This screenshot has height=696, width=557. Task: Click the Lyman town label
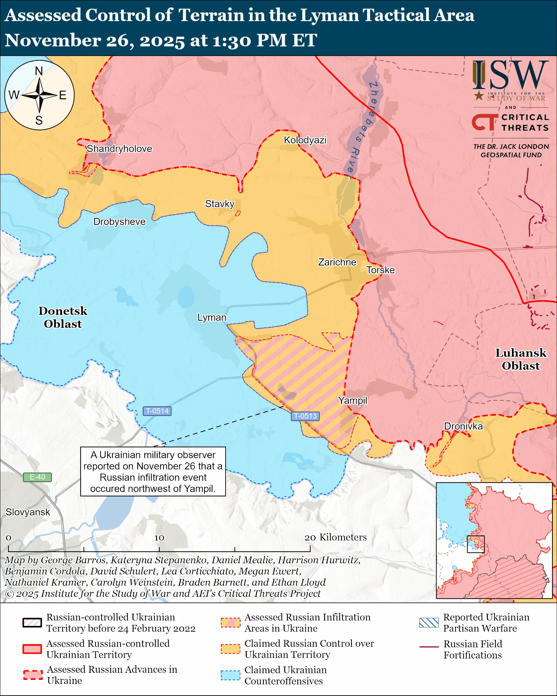point(212,317)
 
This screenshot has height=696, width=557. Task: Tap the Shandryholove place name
point(119,149)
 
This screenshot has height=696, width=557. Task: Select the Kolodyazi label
point(305,140)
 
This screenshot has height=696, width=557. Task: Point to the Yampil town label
point(353,400)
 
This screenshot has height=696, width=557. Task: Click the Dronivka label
point(463,426)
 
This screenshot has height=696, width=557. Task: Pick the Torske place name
point(380,270)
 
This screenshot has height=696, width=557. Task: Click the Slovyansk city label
point(28,512)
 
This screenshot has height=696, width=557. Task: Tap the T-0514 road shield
point(157,411)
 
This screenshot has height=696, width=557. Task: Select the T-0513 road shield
point(305,416)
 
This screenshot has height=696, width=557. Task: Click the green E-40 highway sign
point(37,477)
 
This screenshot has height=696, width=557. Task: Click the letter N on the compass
point(39,71)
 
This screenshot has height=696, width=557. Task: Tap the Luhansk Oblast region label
point(521,359)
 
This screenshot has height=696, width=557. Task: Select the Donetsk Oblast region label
point(63,317)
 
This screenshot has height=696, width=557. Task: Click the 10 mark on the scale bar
point(159,538)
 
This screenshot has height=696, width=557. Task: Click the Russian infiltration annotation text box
point(153,471)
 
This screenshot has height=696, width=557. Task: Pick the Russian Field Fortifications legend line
point(429,647)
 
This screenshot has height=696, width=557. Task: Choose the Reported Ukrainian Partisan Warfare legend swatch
point(429,622)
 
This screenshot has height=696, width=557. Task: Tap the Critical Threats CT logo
point(484,122)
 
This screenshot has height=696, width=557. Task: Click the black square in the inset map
point(476,544)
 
